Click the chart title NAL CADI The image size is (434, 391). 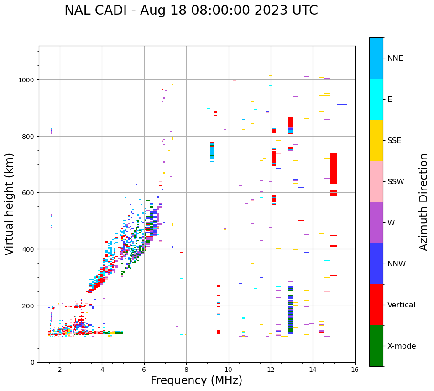point(191,11)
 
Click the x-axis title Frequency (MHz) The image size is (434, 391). point(196,380)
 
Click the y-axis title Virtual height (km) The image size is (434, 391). point(10,204)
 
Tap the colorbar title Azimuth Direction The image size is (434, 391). point(424,202)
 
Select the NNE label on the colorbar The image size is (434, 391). point(395,58)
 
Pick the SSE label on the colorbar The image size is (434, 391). point(394,140)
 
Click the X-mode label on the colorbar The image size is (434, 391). point(402,346)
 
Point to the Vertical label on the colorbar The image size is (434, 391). point(401,305)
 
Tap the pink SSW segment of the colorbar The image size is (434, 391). point(376,181)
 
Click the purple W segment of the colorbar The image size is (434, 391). point(376,222)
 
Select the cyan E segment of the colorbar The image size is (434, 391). point(376,99)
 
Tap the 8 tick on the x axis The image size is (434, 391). point(186,370)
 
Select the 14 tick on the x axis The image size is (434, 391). point(313,370)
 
